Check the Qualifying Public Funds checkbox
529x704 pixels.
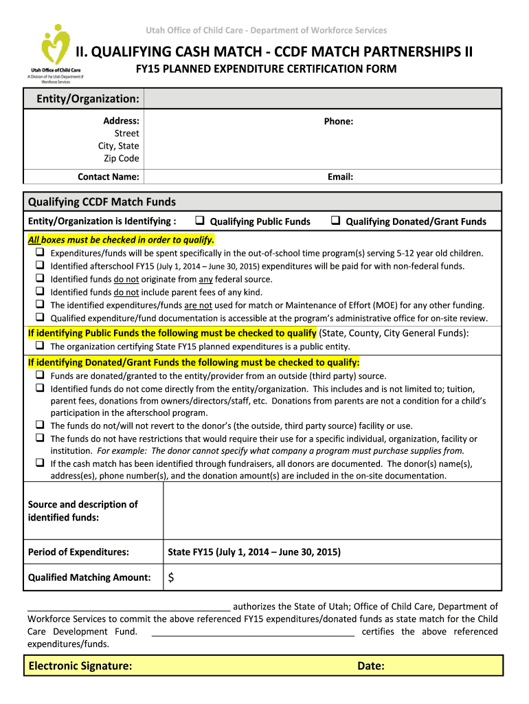(199, 221)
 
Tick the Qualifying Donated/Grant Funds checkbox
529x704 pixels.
(336, 221)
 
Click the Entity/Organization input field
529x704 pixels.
(323, 100)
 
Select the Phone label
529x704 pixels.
(338, 121)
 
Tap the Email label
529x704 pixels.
(340, 177)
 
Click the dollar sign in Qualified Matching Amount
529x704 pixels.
(171, 577)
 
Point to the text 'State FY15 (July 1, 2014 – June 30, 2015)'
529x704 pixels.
(254, 552)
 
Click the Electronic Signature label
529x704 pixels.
(80, 665)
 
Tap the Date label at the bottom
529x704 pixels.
(370, 665)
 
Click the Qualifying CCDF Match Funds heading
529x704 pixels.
(102, 201)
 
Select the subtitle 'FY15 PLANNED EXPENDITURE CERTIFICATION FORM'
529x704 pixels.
(265, 69)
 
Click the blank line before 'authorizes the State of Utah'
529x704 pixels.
(128, 607)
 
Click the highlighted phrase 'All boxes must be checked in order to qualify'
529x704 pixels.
(121, 240)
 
